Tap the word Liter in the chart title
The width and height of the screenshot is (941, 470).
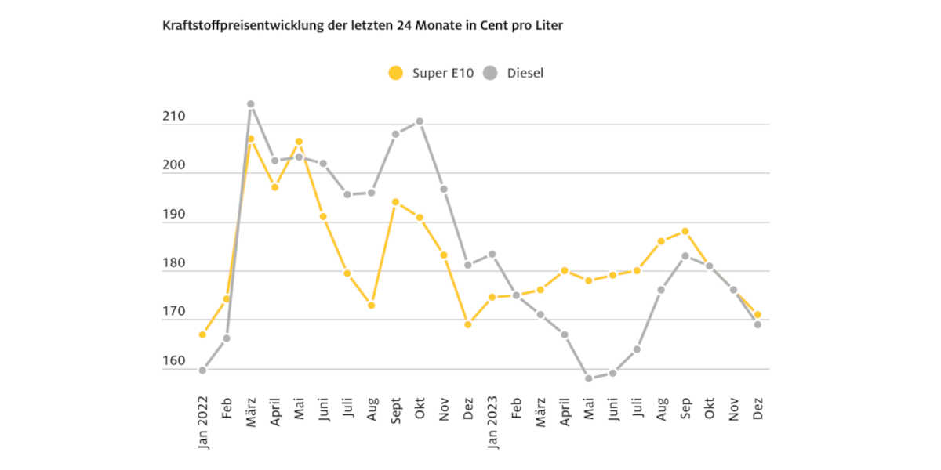tap(547, 25)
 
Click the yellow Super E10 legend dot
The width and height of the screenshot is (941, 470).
tap(396, 74)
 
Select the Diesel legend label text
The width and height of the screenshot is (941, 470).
tap(525, 74)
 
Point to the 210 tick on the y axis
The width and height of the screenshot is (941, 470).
tap(174, 117)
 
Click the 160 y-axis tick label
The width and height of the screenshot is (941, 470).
tap(174, 362)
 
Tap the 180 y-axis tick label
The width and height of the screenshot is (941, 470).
tap(174, 264)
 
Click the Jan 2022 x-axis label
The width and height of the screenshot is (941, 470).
tap(203, 421)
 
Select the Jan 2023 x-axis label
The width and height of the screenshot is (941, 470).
tap(492, 421)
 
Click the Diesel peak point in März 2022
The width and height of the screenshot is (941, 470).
tap(251, 104)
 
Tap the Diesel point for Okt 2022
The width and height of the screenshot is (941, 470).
tap(420, 121)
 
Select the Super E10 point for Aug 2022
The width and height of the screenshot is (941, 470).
tap(372, 305)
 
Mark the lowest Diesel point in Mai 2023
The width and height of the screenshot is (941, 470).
tap(588, 378)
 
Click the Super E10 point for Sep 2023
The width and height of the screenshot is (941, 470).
tap(685, 231)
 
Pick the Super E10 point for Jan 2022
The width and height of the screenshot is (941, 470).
tap(202, 334)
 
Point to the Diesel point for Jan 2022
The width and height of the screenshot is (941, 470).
tap(202, 371)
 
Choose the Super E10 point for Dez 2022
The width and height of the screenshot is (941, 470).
tap(468, 324)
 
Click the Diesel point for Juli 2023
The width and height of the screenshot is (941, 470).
tap(637, 349)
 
